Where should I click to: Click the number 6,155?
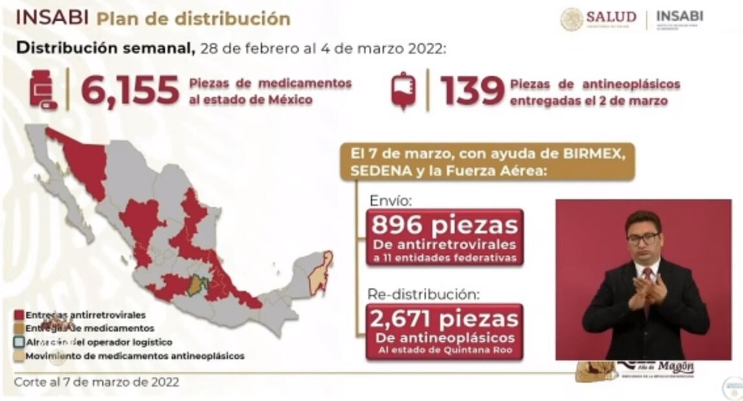[x=130, y=91]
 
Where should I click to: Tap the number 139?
[x=472, y=91]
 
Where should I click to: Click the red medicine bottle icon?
[x=43, y=90]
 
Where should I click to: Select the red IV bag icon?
[x=404, y=91]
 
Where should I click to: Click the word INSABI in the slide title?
[x=52, y=18]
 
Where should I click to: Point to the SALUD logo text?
[x=610, y=17]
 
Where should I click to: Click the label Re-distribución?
[x=423, y=294]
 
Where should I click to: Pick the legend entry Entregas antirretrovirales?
[x=85, y=315]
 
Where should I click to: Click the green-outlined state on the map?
[x=197, y=285]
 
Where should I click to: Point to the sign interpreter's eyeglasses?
[x=643, y=239]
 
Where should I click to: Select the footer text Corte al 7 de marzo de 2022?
[x=96, y=382]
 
